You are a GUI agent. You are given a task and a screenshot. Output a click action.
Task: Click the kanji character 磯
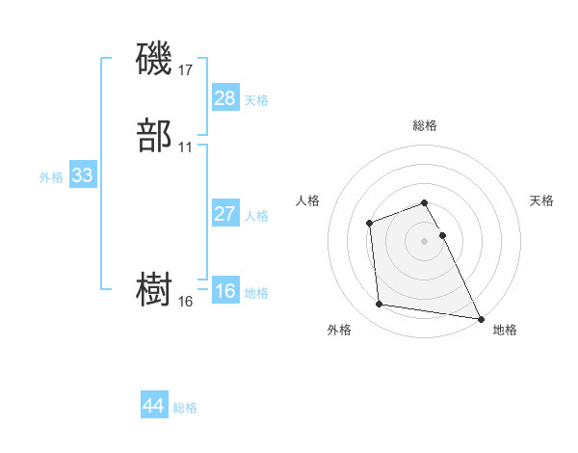pos(154,59)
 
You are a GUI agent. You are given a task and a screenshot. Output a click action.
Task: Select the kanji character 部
pos(154,137)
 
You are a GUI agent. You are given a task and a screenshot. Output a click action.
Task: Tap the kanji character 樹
pos(154,290)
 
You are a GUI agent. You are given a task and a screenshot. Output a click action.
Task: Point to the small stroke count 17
pos(186,69)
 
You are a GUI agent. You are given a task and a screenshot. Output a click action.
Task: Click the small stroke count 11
pos(186,147)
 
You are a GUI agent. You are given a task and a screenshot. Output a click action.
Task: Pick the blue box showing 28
pos(224,98)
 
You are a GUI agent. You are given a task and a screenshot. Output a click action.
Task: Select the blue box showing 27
pos(224,214)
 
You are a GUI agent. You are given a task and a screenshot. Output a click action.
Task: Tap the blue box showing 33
pos(82,176)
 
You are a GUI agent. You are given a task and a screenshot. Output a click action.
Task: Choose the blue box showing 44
pos(153,406)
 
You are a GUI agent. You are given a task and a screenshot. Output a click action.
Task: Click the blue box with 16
pos(224,291)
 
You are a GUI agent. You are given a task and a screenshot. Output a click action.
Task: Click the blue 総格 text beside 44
pos(185,408)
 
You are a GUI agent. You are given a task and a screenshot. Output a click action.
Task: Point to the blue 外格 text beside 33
pos(51,177)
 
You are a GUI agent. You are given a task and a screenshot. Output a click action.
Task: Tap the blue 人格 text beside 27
pos(257,216)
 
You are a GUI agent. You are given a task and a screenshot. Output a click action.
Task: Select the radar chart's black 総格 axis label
pos(424,125)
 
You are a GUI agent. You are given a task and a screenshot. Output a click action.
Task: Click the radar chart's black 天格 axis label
pos(541,200)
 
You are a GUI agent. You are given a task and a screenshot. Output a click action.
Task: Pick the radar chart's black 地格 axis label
pos(505,330)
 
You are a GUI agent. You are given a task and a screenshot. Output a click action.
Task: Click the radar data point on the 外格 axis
pos(380,305)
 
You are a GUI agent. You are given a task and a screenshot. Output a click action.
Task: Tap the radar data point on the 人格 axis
pos(370,224)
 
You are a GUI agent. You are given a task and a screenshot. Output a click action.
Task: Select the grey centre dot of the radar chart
pos(424,240)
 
